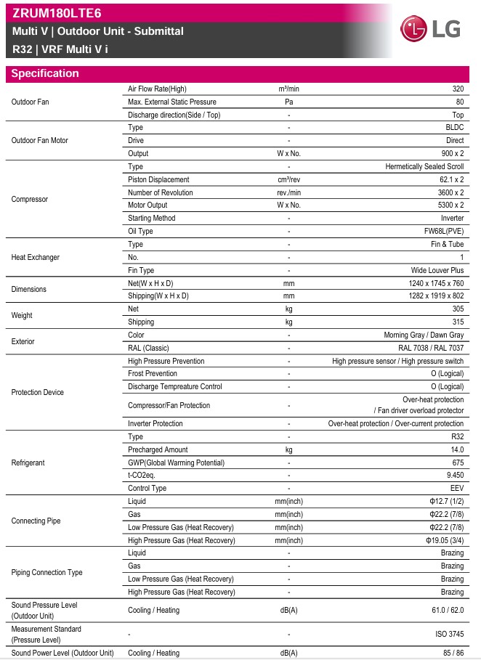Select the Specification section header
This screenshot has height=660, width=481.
45,73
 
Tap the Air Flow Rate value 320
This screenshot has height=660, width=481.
457,89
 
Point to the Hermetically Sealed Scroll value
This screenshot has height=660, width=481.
424,166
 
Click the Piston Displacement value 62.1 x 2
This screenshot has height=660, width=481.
447,179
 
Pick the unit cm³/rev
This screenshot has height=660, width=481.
288,179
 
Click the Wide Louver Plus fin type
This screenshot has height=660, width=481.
437,270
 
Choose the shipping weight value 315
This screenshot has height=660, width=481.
457,322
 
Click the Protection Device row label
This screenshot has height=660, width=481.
38,392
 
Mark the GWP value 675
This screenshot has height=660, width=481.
457,463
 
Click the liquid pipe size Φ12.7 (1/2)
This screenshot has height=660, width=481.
446,501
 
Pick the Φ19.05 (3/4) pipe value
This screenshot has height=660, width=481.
445,540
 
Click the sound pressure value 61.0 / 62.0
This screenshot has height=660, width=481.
448,610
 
